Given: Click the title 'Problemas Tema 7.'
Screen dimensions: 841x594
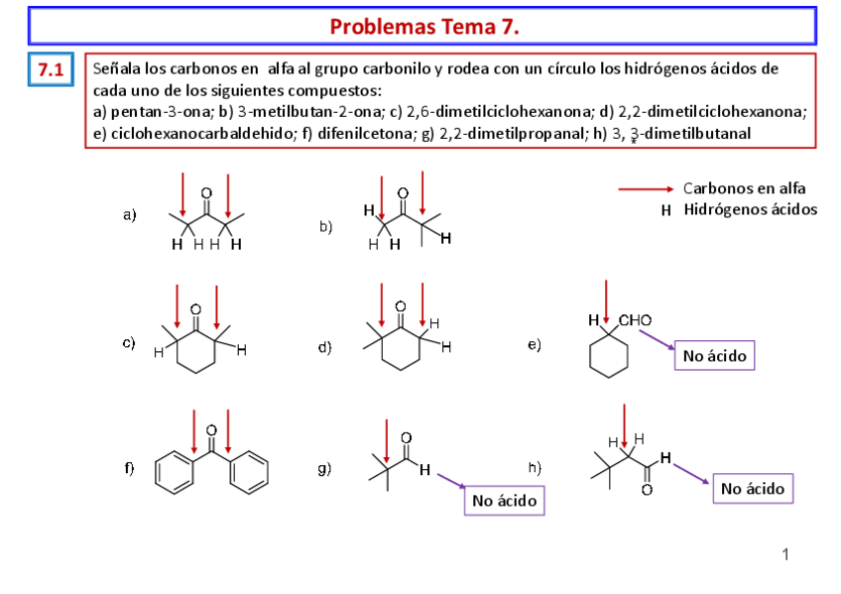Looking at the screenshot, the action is (x=424, y=26).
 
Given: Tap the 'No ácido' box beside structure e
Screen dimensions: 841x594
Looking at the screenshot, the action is (x=713, y=354).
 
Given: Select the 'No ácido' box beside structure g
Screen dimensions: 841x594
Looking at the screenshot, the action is (x=505, y=501).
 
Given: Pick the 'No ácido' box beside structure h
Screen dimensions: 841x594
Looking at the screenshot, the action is (x=753, y=488).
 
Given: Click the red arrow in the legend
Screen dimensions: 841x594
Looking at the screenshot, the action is (x=648, y=188).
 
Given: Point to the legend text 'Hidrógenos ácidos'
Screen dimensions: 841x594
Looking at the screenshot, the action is (x=751, y=209).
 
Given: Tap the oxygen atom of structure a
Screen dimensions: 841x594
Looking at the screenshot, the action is (x=206, y=192).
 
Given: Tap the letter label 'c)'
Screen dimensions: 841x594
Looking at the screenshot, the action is (x=129, y=343).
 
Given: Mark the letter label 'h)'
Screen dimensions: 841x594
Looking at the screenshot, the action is (x=535, y=466).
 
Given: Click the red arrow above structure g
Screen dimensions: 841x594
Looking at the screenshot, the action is (x=386, y=439).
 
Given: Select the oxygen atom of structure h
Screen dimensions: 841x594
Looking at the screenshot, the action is (x=646, y=490).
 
